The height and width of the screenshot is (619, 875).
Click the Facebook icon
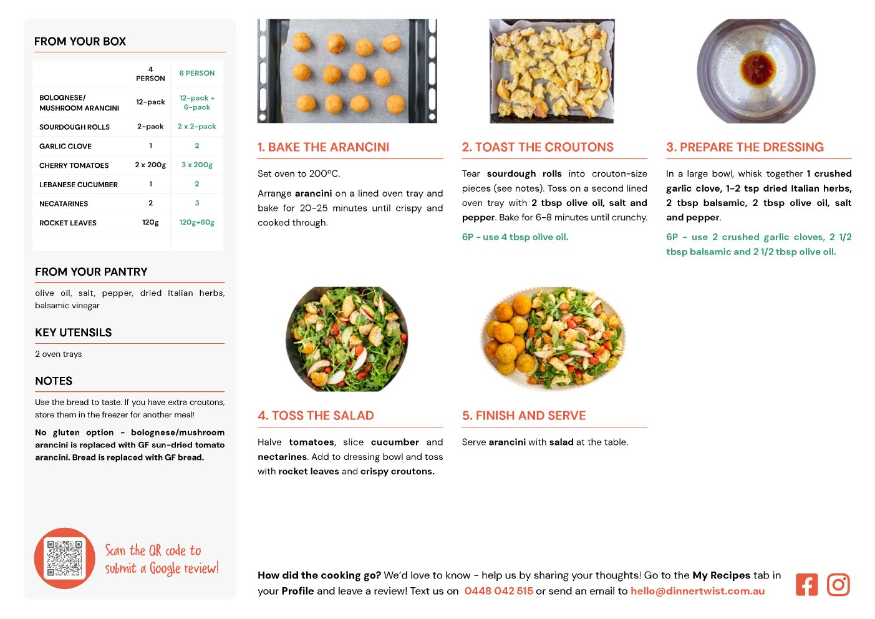(806, 584)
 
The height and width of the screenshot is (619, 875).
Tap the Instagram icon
(838, 584)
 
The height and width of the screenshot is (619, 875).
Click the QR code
(65, 558)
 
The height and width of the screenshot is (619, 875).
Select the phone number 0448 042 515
(498, 591)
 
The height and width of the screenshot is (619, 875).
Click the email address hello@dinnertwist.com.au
(698, 591)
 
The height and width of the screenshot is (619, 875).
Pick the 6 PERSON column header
(197, 73)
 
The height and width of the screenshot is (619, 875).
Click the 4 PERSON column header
(150, 74)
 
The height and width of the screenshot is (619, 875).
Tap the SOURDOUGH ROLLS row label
(74, 127)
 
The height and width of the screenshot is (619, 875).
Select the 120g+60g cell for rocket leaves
(197, 222)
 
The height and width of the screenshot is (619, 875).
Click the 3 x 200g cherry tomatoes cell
(197, 165)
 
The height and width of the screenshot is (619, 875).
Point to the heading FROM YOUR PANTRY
(91, 271)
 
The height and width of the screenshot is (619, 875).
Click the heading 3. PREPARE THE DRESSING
(745, 147)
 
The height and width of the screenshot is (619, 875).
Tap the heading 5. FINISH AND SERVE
(524, 416)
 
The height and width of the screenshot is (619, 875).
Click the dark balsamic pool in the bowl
(758, 69)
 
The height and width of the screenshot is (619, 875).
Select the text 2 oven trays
(58, 354)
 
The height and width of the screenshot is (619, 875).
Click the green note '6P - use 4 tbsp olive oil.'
(515, 237)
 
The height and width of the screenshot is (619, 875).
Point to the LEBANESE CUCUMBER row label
(78, 185)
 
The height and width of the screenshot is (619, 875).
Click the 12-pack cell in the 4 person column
(150, 102)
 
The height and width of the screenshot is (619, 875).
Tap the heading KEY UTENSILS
(74, 333)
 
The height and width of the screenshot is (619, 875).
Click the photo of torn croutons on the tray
(551, 71)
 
